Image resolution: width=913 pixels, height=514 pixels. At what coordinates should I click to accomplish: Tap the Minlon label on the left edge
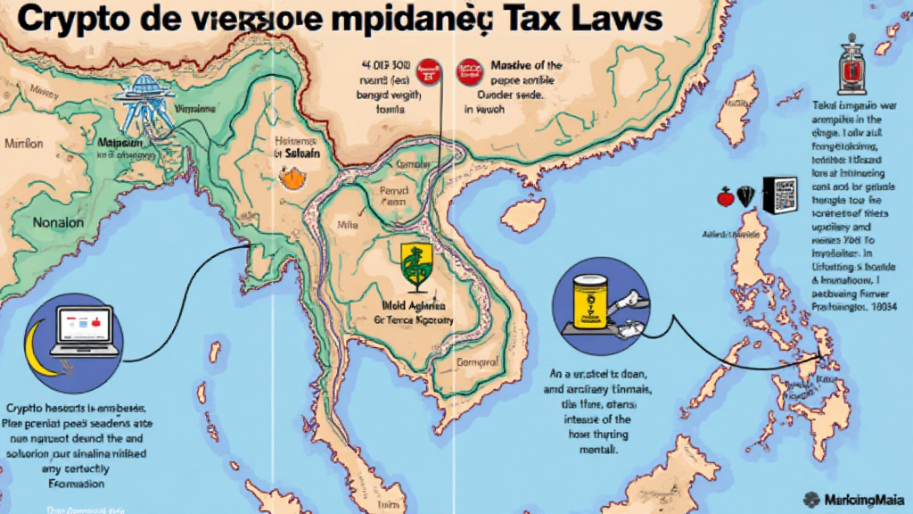pyautogui.click(x=22, y=143)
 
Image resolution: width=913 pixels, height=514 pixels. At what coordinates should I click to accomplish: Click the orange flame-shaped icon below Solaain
pyautogui.click(x=290, y=178)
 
